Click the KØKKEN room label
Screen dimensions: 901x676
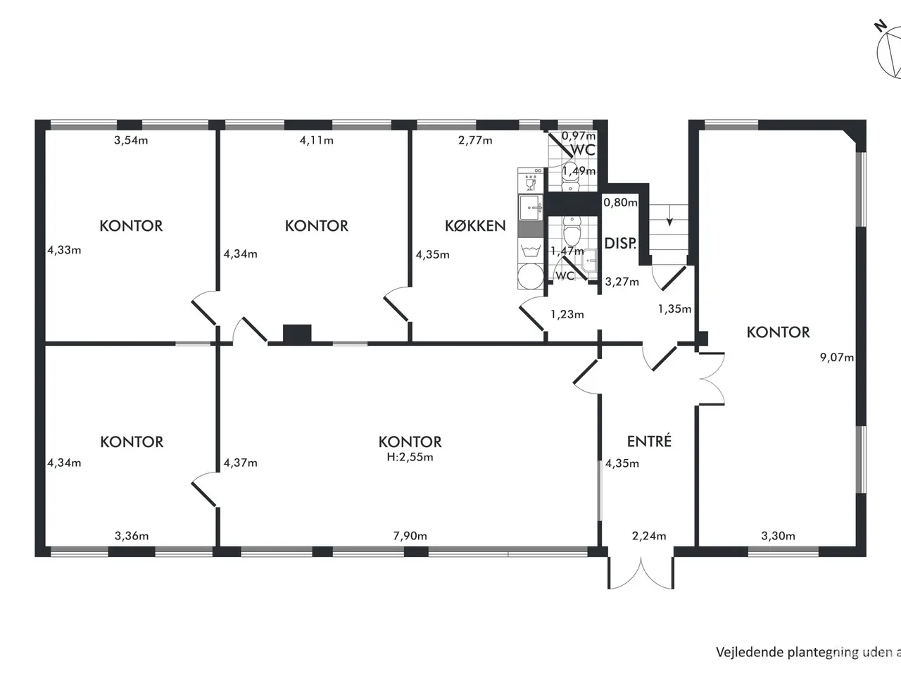point(475,226)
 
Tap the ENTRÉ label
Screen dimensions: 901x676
point(649,441)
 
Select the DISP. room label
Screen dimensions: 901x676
point(620,244)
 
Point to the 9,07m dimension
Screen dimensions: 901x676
point(837,358)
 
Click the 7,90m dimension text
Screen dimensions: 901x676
point(410,536)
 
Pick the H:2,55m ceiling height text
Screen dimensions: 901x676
point(410,457)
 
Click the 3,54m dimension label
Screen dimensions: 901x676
point(131,140)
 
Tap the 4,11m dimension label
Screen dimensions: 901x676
point(317,140)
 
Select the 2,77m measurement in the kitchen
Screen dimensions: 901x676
point(475,140)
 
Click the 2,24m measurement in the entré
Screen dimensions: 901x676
point(649,536)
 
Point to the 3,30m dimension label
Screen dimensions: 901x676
point(779,536)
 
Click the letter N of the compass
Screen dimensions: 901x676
point(880,27)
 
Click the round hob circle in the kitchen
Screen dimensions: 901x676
point(530,276)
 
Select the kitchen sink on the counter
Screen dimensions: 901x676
point(530,208)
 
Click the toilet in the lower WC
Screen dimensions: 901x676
point(571,231)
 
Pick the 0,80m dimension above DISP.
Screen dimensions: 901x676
point(620,202)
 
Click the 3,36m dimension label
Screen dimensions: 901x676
point(132,536)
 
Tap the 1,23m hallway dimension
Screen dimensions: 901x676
point(567,314)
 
